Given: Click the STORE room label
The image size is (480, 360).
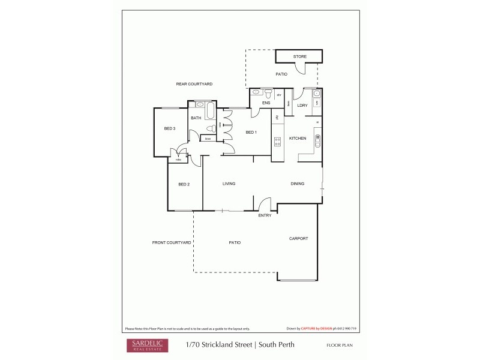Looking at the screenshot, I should pos(299,56).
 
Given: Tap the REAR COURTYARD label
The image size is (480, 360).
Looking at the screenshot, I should pos(194,84).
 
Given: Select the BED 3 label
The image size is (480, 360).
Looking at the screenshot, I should pos(170,128).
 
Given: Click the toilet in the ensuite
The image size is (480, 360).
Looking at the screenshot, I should pos(270,94).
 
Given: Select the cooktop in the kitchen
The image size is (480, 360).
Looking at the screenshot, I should pos(277,142).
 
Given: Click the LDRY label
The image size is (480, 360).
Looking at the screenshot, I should pos(302,106).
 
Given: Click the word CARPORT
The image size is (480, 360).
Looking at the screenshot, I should pos(298,238).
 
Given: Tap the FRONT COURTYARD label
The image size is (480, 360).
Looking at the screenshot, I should pos(171,242).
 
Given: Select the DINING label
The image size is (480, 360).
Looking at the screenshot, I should pos(298,184).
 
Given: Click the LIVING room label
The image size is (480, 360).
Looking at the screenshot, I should pos(229,184).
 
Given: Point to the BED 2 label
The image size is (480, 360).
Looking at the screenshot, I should pos(184,184).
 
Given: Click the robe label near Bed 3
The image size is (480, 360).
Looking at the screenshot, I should pos(178,160).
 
